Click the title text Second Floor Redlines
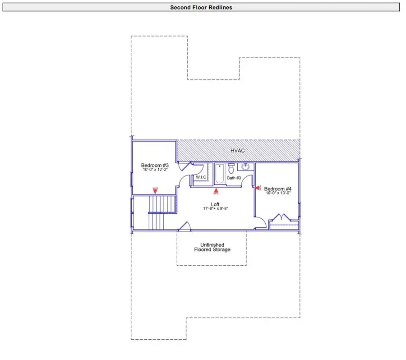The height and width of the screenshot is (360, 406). click(x=201, y=7)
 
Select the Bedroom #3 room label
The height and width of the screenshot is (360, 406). click(x=155, y=165)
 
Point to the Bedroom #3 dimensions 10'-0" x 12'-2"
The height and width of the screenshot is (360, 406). click(x=155, y=170)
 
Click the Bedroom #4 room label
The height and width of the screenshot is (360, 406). click(x=278, y=189)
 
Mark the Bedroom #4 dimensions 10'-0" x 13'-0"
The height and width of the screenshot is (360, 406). click(x=278, y=193)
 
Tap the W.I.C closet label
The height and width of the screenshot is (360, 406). click(x=201, y=177)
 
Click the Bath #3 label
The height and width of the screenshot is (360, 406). click(x=234, y=178)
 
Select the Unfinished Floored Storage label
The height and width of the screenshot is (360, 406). click(x=212, y=247)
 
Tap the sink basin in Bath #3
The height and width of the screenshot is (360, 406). click(x=245, y=167)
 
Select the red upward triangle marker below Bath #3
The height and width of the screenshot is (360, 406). click(x=216, y=191)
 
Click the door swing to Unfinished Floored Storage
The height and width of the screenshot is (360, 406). click(x=184, y=226)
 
